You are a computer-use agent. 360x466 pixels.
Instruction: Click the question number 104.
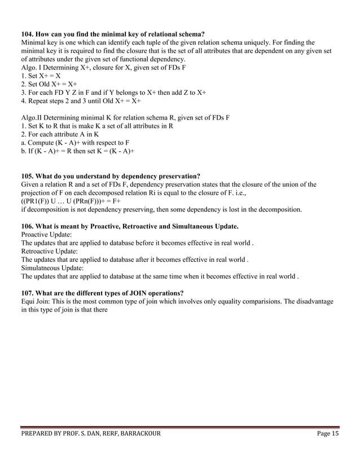[28, 34]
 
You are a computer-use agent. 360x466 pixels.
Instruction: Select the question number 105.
[28, 176]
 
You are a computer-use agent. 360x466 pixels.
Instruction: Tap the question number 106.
[28, 226]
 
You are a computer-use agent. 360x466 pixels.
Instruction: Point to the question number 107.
[28, 293]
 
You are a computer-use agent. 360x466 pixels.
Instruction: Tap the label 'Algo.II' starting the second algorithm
[33, 117]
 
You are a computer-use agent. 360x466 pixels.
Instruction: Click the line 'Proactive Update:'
[46, 234]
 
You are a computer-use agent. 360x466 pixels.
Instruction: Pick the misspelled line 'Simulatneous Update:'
[52, 268]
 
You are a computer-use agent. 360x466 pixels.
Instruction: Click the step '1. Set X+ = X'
[41, 76]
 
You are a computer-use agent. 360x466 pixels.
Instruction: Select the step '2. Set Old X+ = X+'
[49, 84]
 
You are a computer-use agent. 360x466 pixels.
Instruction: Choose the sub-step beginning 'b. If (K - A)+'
[77, 151]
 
